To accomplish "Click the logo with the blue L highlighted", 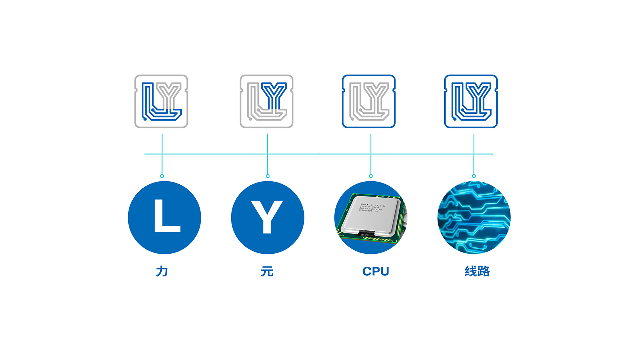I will pyautogui.click(x=161, y=101).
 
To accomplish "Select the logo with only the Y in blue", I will pyautogui.click(x=267, y=101).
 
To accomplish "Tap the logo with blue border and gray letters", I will pyautogui.click(x=368, y=101).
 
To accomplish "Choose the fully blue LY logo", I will pyautogui.click(x=471, y=101).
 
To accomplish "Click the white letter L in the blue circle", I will pyautogui.click(x=166, y=216).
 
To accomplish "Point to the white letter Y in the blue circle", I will pyautogui.click(x=267, y=217).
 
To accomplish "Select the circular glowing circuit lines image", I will pyautogui.click(x=474, y=218).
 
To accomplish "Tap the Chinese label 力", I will pyautogui.click(x=162, y=271).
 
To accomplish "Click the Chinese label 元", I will pyautogui.click(x=267, y=271).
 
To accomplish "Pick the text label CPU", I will pyautogui.click(x=375, y=271).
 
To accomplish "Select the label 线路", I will pyautogui.click(x=477, y=271).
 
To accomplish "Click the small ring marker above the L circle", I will pyautogui.click(x=162, y=176).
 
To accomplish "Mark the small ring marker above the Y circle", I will pyautogui.click(x=268, y=176).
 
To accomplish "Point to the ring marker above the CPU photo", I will pyautogui.click(x=371, y=176).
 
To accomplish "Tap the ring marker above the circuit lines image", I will pyautogui.click(x=474, y=176).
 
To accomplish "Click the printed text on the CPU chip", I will pyautogui.click(x=372, y=208).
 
